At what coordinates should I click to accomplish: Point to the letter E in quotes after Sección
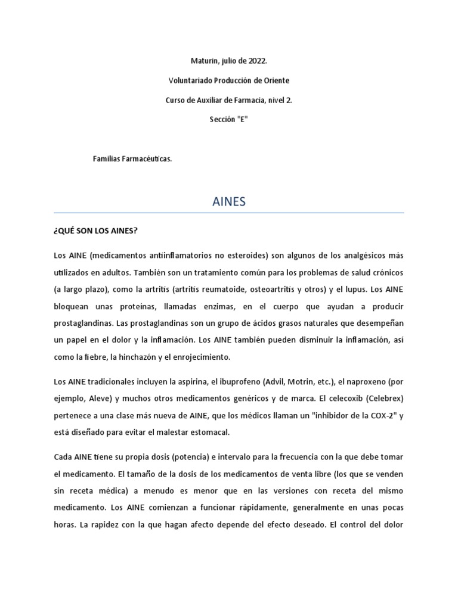click(x=243, y=119)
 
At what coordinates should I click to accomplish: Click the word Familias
click(x=107, y=158)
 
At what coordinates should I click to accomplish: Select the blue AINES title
click(x=229, y=202)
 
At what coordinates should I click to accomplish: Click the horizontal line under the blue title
click(x=229, y=213)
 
